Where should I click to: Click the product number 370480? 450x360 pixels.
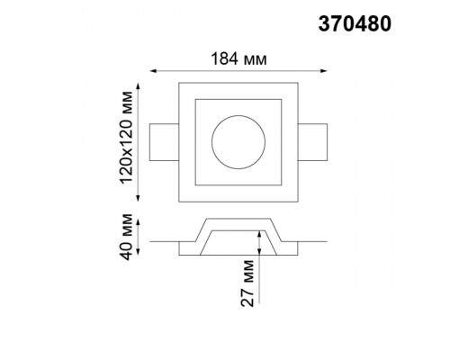tap(355, 24)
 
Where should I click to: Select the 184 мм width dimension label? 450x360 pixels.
tap(238, 59)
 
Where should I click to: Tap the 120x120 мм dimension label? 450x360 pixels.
tap(126, 137)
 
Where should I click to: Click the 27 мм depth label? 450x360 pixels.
tap(247, 283)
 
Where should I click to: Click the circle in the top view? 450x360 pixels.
tap(238, 115)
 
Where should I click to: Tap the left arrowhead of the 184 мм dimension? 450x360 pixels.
tap(153, 71)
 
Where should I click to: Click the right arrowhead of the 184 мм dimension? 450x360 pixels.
tap(324, 71)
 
